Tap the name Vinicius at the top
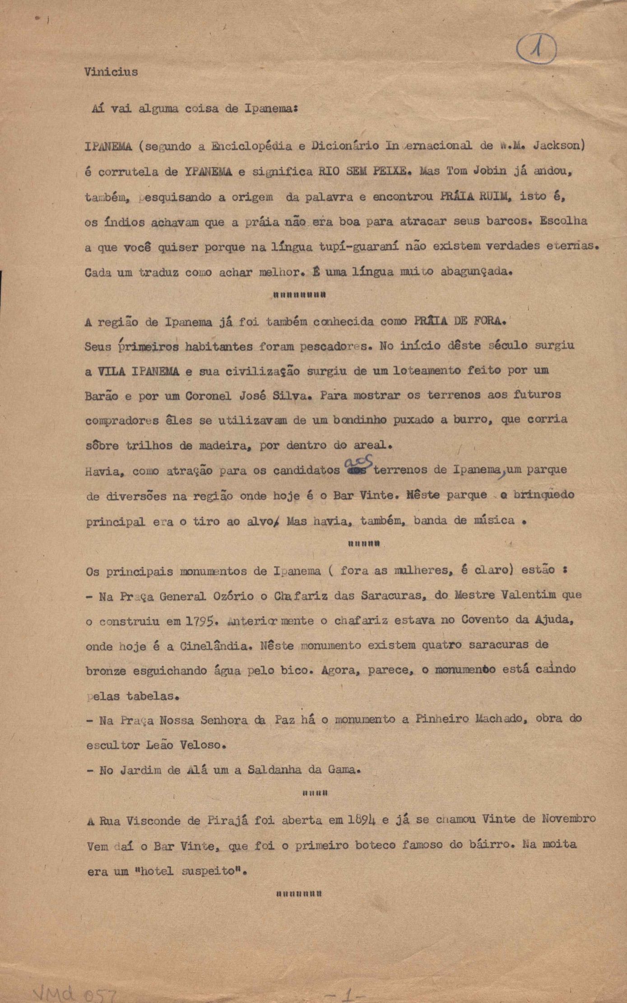pos(111,72)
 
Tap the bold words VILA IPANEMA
pos(138,371)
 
